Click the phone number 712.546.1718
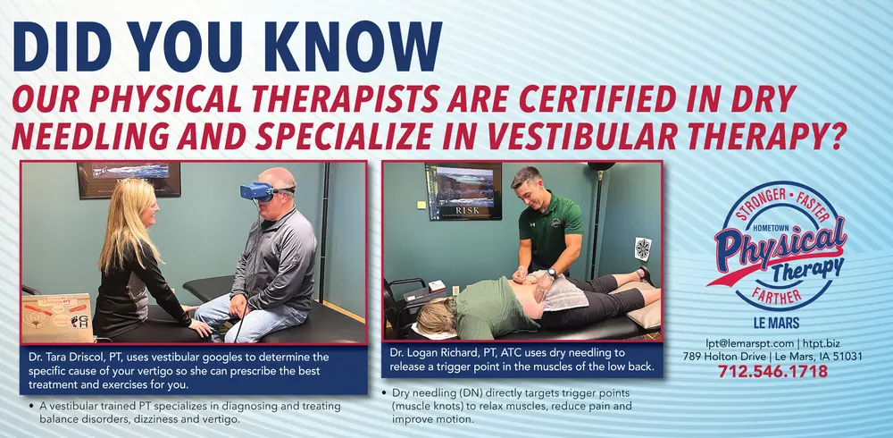(x=772, y=371)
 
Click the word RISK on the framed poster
(x=467, y=210)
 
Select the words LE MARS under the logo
(x=776, y=324)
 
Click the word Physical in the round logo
(x=780, y=242)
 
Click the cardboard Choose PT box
(x=57, y=318)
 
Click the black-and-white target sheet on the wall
(x=643, y=249)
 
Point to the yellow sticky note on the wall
(x=421, y=204)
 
